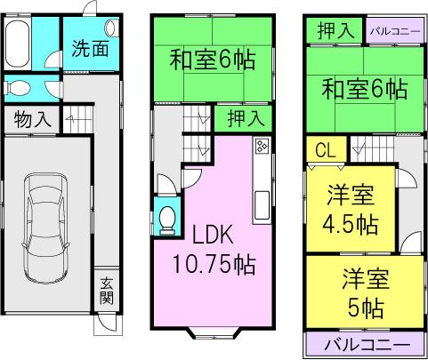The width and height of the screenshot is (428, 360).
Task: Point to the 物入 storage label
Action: [32, 118]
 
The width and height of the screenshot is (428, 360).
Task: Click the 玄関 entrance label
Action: [106, 291]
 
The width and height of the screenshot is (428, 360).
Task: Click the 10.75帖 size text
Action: [214, 264]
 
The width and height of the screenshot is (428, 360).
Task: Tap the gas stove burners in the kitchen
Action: [262, 147]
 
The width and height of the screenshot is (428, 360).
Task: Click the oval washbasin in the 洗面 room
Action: [109, 28]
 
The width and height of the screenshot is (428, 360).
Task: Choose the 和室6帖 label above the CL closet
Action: [365, 90]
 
